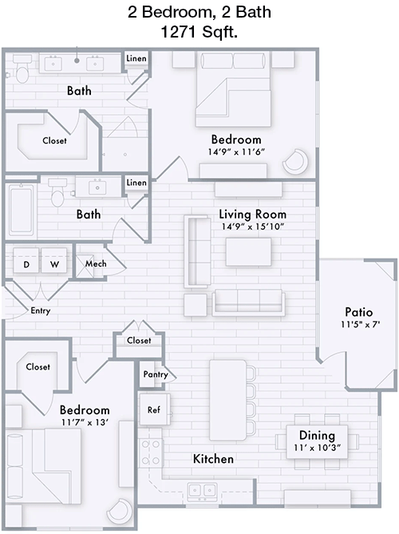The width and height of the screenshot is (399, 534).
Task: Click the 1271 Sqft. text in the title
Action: point(199,32)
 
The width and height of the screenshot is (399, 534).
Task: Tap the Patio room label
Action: point(359,312)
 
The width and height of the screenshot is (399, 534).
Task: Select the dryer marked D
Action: point(26,260)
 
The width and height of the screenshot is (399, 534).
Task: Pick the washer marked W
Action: point(54,260)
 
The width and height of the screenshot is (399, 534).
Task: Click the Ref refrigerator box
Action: point(155,409)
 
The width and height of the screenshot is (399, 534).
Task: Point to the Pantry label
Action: point(156,374)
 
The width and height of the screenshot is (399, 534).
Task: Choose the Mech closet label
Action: point(96,263)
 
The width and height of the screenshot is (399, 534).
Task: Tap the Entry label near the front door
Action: point(41,311)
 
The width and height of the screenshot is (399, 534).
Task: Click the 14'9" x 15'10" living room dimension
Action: point(253,227)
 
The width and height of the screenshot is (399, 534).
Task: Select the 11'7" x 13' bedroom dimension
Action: point(85,422)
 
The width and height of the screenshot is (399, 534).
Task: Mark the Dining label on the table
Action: point(317,435)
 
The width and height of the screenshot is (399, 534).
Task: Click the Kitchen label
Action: point(213,459)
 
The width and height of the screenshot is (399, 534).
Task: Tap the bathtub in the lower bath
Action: point(22,210)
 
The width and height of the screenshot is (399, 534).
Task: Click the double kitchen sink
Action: point(203,492)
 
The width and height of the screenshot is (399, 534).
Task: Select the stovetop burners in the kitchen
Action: point(151,453)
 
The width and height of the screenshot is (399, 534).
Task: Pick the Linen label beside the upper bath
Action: point(136,58)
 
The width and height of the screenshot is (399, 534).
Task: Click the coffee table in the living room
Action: point(248,252)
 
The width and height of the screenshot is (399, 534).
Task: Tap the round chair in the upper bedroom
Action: point(295,161)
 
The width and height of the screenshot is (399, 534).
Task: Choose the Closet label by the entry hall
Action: point(139,340)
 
